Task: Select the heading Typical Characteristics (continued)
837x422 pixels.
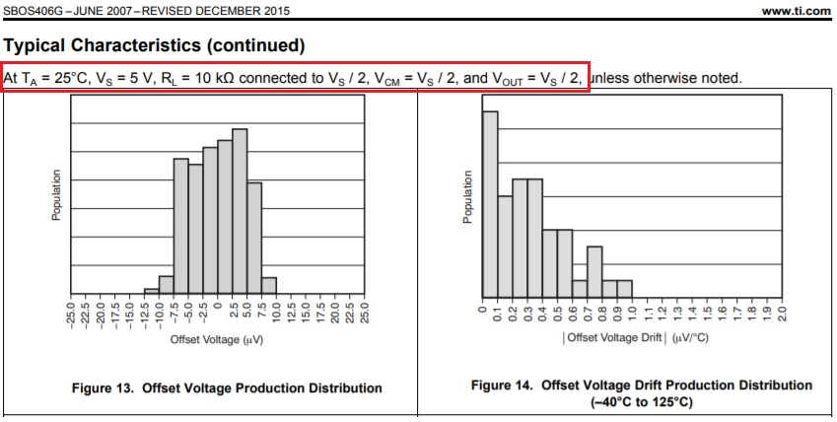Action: pyautogui.click(x=155, y=46)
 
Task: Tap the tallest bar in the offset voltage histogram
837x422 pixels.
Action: pyautogui.click(x=240, y=211)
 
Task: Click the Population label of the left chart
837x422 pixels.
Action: pyautogui.click(x=57, y=195)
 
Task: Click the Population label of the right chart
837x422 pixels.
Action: pyautogui.click(x=468, y=197)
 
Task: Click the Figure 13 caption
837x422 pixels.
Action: pyautogui.click(x=227, y=388)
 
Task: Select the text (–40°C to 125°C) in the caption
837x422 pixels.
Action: pyautogui.click(x=641, y=403)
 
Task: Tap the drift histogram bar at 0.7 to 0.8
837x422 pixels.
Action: pyautogui.click(x=593, y=271)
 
